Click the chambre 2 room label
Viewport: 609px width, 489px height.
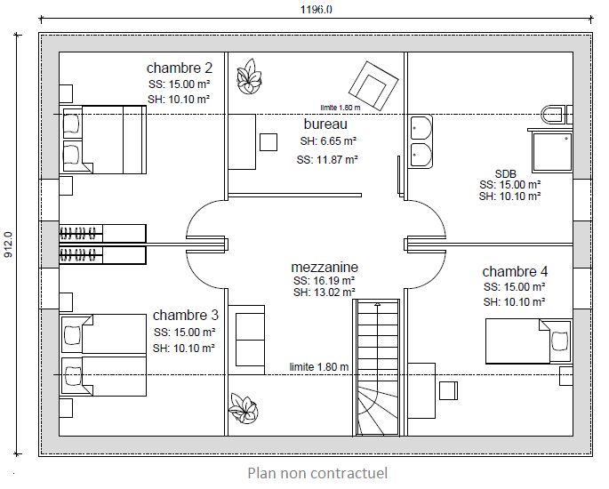point(180,68)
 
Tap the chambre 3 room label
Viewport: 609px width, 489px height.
point(186,315)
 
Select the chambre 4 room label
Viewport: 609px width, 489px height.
point(515,271)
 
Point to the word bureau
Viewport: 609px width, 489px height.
point(325,124)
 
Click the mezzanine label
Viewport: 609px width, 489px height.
point(325,268)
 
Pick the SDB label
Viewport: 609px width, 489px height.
point(506,173)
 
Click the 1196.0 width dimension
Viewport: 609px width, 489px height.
point(317,9)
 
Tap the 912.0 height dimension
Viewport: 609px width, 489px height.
point(9,244)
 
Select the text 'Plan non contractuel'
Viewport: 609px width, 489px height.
point(317,473)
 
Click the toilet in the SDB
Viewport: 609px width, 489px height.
point(557,115)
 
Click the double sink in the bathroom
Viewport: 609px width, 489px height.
point(421,141)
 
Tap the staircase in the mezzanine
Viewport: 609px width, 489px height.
point(376,367)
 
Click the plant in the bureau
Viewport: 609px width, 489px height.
point(249,76)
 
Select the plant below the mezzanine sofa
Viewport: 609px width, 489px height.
point(244,408)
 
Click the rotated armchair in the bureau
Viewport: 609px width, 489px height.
point(373,86)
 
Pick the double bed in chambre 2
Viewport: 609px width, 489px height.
point(103,140)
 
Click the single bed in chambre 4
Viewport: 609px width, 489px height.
point(529,341)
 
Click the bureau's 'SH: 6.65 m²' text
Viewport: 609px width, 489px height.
point(328,141)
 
